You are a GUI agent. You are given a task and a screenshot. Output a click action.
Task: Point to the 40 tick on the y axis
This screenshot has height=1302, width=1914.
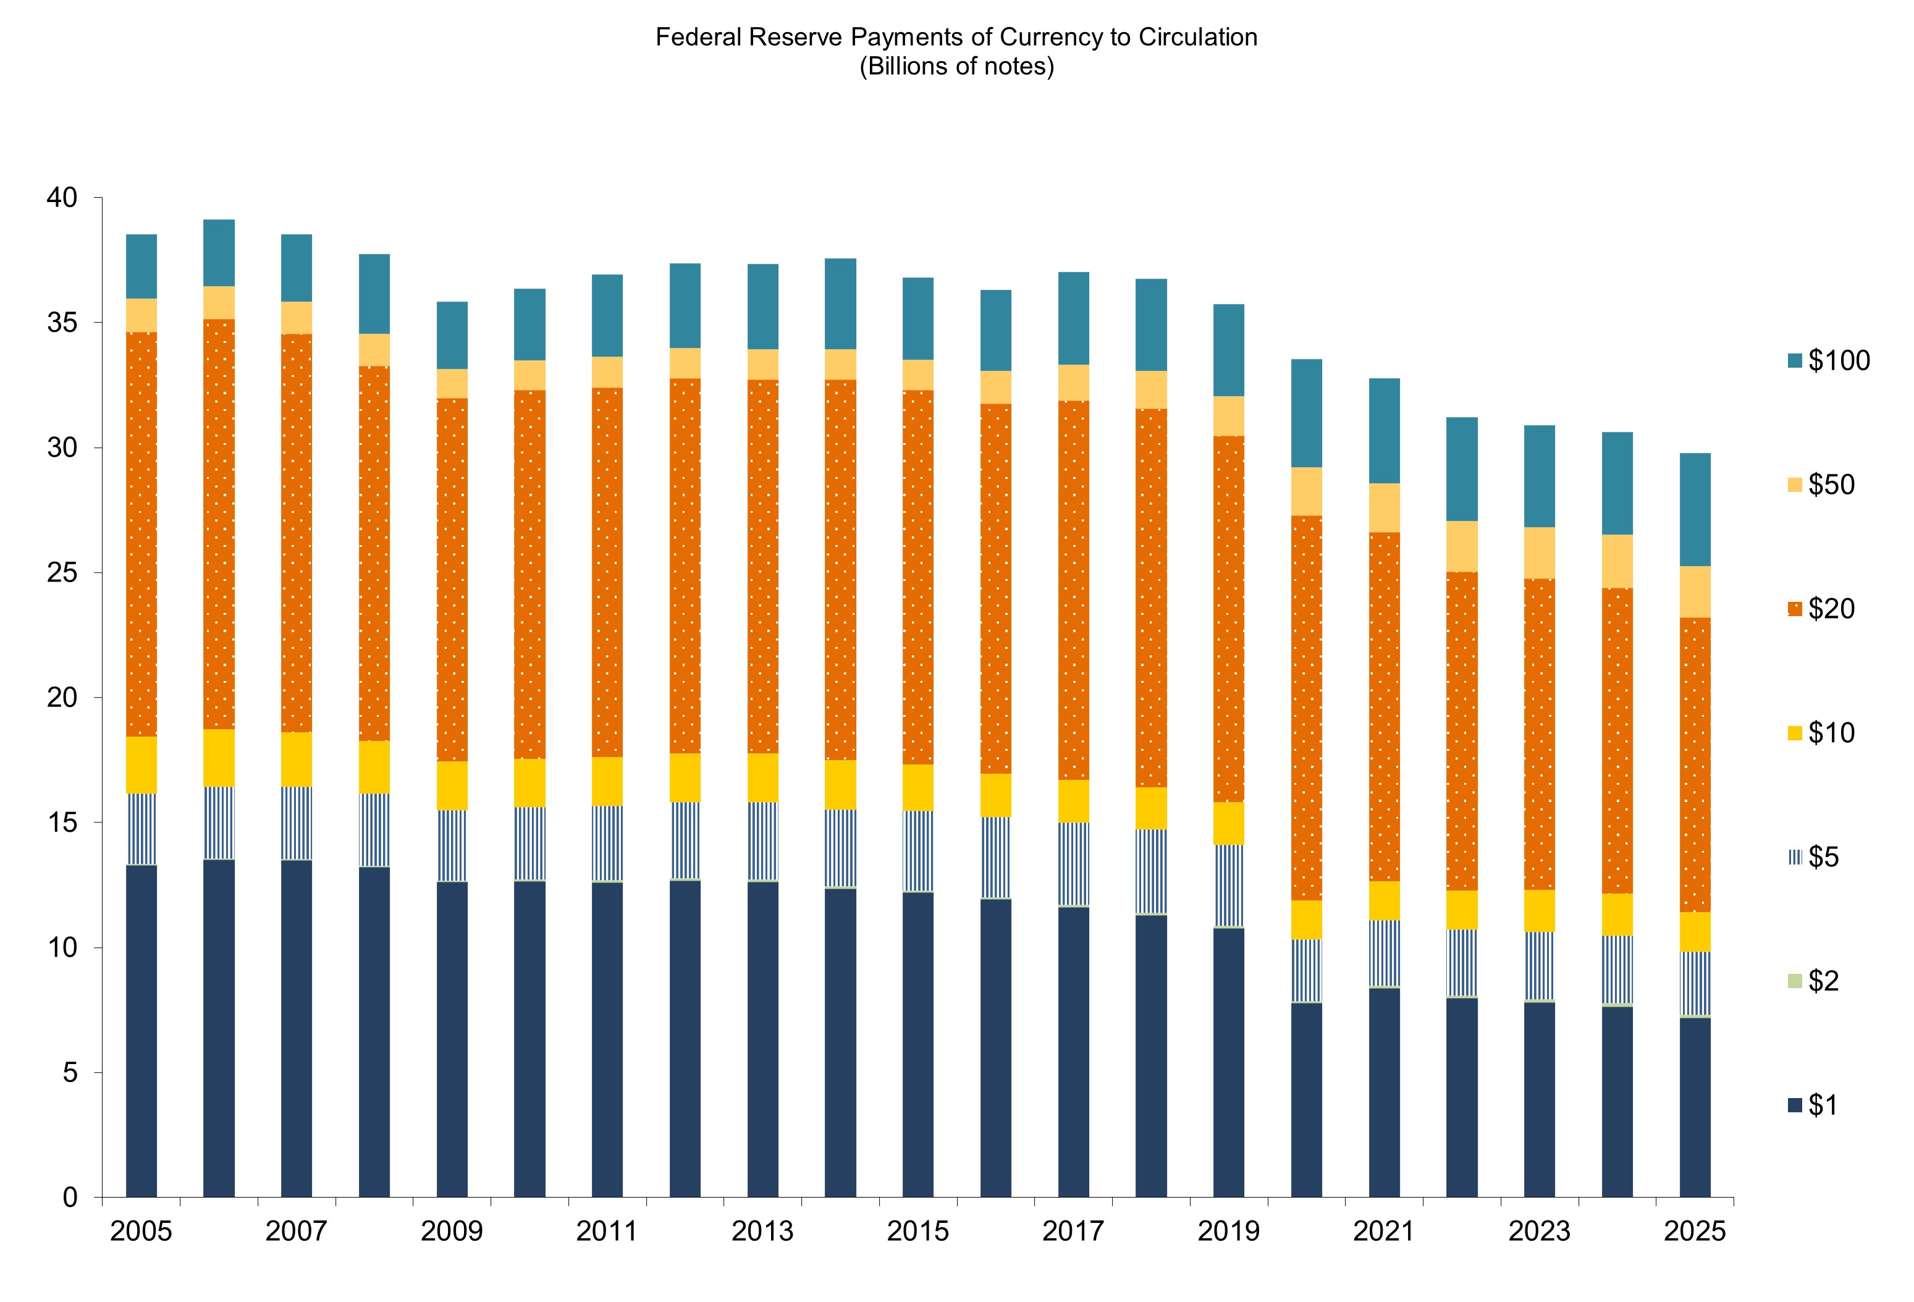pyautogui.click(x=62, y=198)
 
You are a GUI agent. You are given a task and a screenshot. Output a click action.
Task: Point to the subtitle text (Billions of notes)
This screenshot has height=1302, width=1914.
pyautogui.click(x=956, y=67)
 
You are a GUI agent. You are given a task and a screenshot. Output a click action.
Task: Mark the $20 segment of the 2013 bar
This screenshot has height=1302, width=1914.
pyautogui.click(x=762, y=567)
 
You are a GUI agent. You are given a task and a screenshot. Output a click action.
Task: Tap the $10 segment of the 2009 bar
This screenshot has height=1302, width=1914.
pyautogui.click(x=452, y=785)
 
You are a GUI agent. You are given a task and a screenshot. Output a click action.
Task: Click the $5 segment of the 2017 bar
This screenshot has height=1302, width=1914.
pyautogui.click(x=1073, y=864)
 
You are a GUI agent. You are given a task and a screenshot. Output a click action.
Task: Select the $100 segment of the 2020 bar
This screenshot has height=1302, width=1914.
pyautogui.click(x=1306, y=413)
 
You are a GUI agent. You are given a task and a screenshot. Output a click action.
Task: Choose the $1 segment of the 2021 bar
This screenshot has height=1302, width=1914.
pyautogui.click(x=1384, y=1092)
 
